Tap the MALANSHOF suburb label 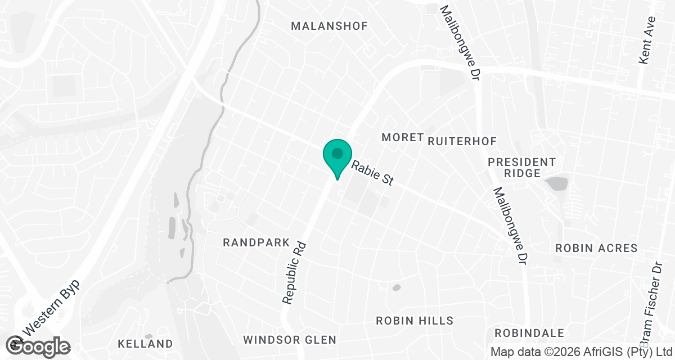(329, 26)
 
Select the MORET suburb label (402, 137)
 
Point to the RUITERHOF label (462, 141)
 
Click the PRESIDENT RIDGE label (522, 168)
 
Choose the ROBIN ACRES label (596, 248)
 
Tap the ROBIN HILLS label (415, 321)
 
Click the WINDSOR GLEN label (290, 340)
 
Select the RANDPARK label (256, 242)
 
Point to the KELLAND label (145, 344)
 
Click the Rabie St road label (372, 174)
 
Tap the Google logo (38, 345)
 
